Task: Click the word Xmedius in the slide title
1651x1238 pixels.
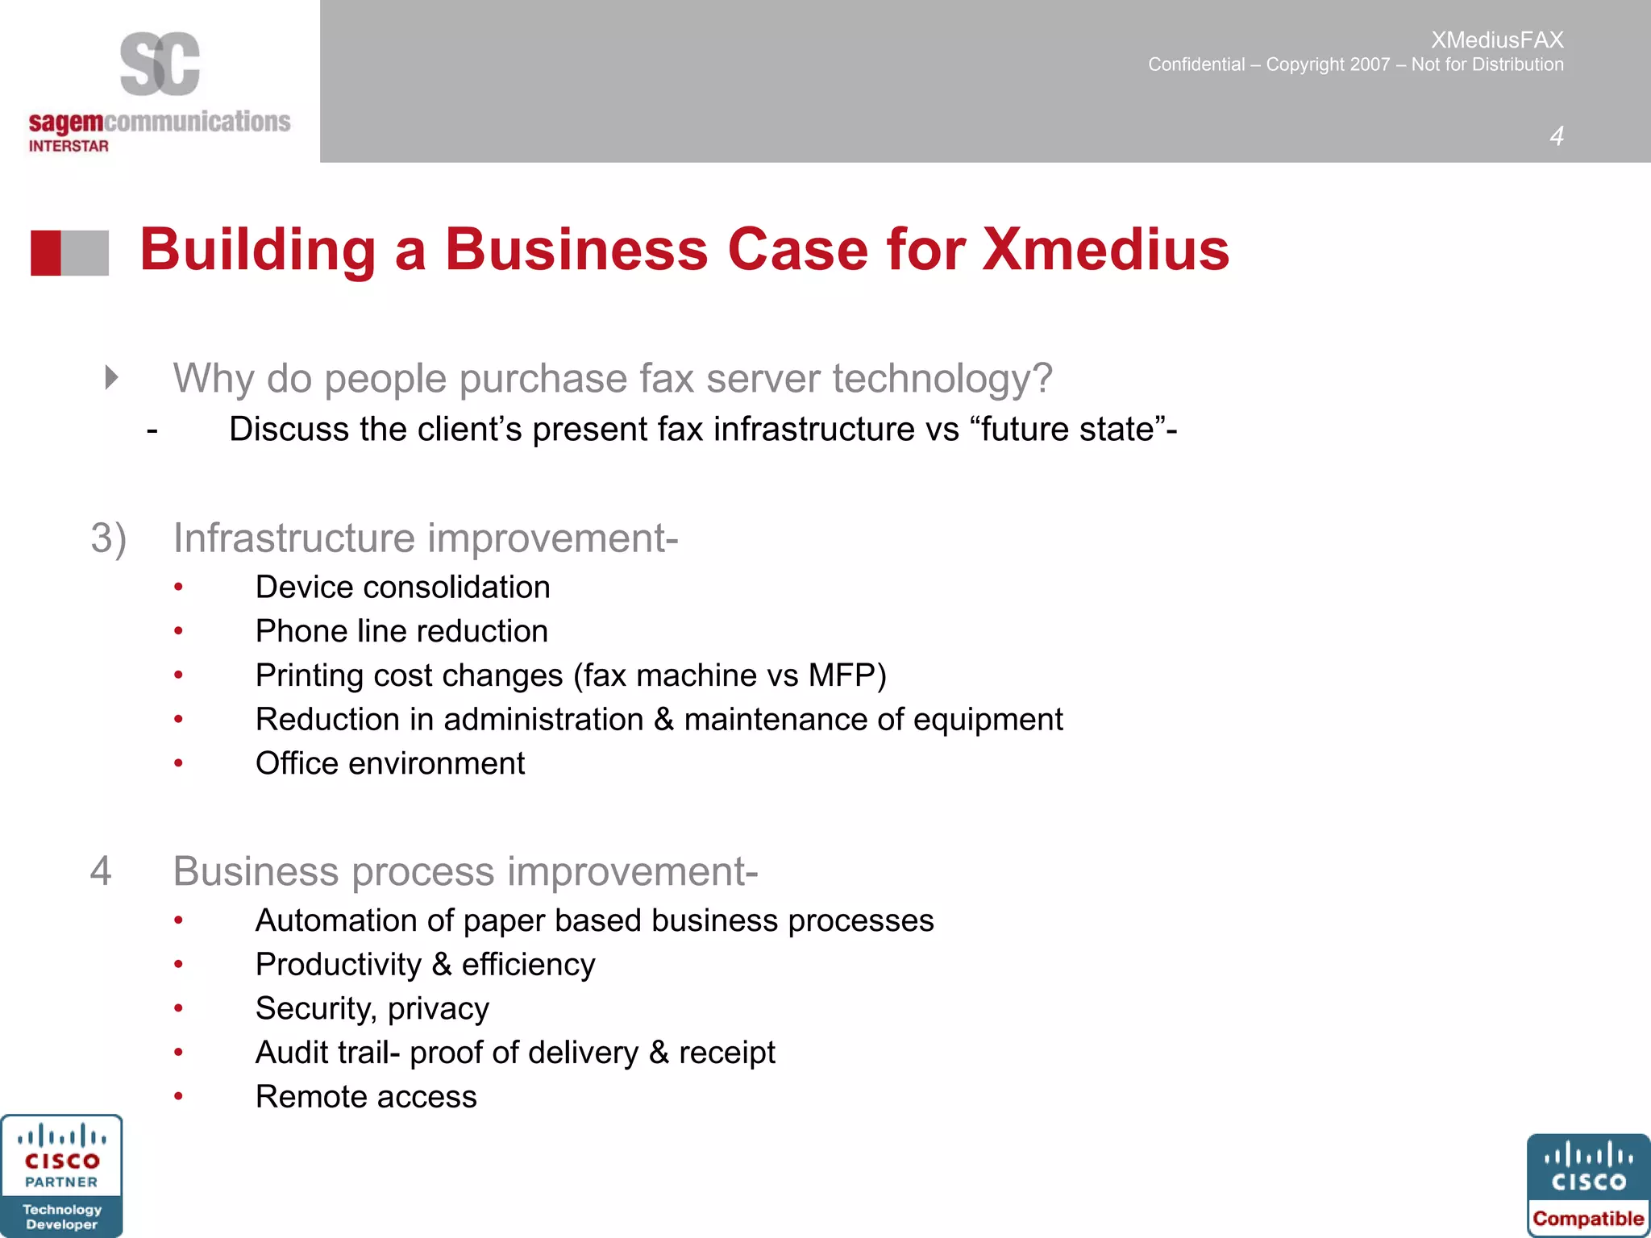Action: [1105, 249]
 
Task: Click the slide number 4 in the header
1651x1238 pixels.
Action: [1556, 136]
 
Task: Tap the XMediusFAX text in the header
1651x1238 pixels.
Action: [1497, 39]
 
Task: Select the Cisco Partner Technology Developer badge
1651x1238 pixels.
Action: [61, 1176]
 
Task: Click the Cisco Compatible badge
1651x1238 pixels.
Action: [1588, 1186]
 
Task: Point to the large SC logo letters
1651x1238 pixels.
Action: [160, 64]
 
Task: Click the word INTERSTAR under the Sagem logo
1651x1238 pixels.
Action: [69, 146]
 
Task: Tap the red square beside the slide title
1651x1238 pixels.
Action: [46, 253]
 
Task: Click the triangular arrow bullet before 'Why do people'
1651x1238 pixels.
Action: [112, 377]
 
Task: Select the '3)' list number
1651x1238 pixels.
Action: [108, 538]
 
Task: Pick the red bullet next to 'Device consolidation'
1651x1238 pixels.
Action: [178, 588]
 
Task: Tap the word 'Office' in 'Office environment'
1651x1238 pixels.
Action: [296, 763]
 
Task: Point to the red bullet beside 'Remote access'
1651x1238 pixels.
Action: [178, 1097]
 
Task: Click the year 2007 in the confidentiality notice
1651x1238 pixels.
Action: [1368, 64]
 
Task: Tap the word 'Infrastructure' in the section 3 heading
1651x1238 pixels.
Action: [293, 538]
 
